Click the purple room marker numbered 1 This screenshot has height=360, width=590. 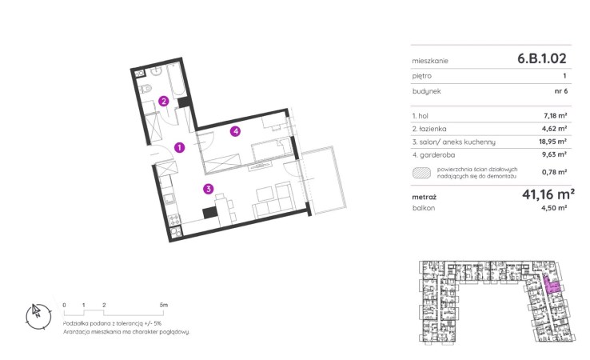click(180, 147)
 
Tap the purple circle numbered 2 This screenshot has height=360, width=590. click(163, 101)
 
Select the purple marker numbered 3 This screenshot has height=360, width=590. click(208, 189)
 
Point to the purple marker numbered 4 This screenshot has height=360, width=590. click(236, 131)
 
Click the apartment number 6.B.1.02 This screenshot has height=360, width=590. click(542, 58)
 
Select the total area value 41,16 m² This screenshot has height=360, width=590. click(548, 194)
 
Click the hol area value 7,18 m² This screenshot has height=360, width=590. click(556, 116)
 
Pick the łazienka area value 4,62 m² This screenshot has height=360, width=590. click(555, 129)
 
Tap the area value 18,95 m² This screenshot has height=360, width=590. click(552, 142)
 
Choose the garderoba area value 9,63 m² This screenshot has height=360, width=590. click(555, 154)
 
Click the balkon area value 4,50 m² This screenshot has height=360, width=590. click(555, 207)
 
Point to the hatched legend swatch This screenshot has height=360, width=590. click(422, 173)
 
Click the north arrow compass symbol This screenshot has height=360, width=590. click(38, 316)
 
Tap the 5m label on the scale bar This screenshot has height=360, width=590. click(164, 305)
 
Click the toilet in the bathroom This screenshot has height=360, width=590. click(145, 89)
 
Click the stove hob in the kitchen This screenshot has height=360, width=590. click(175, 219)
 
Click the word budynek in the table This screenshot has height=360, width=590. click(427, 91)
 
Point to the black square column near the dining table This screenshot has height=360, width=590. click(210, 213)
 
